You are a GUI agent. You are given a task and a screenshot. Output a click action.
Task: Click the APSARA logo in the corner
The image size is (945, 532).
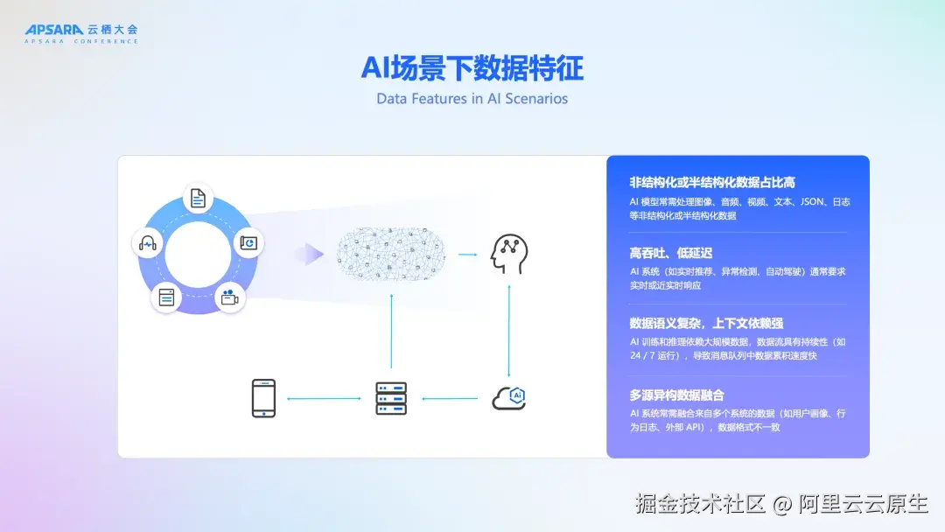coord(80,32)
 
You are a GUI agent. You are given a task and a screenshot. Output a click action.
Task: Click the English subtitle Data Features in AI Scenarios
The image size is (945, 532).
coord(472,98)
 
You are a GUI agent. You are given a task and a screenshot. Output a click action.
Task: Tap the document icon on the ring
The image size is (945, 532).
coord(198,199)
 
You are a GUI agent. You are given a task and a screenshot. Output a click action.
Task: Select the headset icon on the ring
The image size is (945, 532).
coord(147,242)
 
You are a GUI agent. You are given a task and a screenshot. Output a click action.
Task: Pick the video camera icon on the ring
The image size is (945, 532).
coord(229,297)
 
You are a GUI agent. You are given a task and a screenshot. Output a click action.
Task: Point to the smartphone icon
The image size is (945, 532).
coord(263,398)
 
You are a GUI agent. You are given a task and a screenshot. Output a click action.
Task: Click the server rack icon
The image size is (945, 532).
coord(390,398)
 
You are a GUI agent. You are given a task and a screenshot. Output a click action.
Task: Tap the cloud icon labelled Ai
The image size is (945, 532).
coord(508,398)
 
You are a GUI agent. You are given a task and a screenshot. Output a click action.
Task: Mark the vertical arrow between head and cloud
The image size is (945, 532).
coord(508,329)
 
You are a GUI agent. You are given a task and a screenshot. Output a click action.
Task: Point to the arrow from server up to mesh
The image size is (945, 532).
coord(391,331)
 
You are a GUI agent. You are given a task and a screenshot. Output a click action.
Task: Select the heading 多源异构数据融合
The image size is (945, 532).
coord(676,395)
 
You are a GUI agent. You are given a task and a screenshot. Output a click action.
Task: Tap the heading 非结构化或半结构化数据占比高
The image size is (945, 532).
coord(712,182)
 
